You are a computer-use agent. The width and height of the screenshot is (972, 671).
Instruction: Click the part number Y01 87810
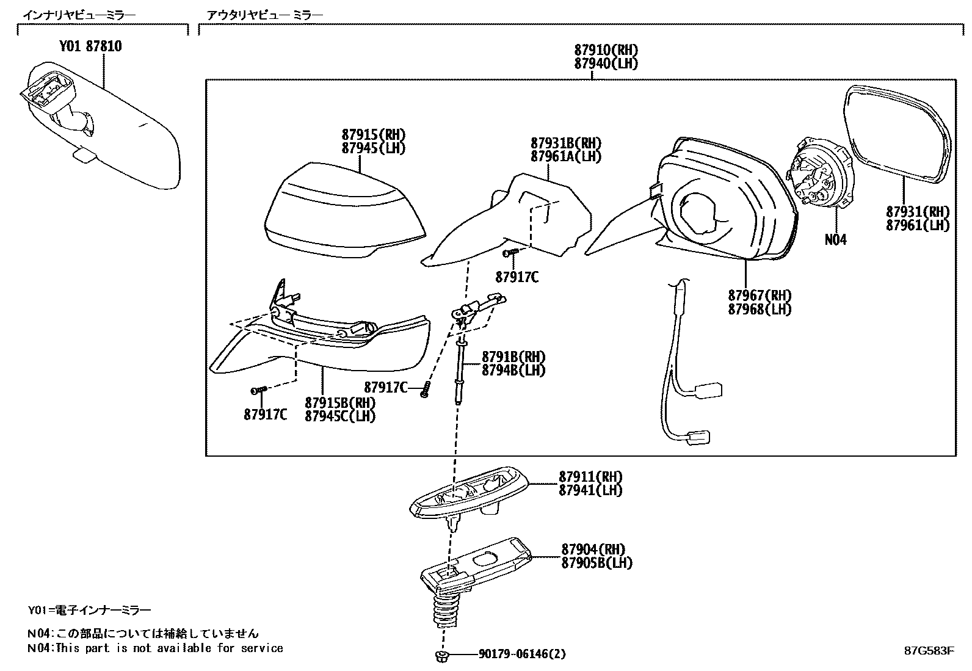point(90,46)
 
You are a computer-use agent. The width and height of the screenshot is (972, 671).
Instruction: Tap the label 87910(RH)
point(606,50)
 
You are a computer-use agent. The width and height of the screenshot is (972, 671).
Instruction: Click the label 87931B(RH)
point(565,143)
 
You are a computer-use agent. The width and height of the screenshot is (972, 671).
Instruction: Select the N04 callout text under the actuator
point(835,240)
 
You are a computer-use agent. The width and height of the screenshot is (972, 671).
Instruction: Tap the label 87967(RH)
point(759,296)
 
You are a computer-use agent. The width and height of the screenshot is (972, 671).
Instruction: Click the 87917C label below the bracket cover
point(517,277)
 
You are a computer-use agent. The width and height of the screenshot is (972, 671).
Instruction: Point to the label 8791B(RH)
point(513,357)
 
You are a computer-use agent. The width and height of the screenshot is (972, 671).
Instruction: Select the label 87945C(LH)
point(340,416)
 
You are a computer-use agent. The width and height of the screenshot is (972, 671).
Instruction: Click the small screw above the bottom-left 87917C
point(259,390)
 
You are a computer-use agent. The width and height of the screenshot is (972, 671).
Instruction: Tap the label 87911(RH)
point(590,476)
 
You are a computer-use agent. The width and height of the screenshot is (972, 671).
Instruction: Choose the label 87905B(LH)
point(597,563)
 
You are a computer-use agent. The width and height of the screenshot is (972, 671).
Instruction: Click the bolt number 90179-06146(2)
point(522,655)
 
